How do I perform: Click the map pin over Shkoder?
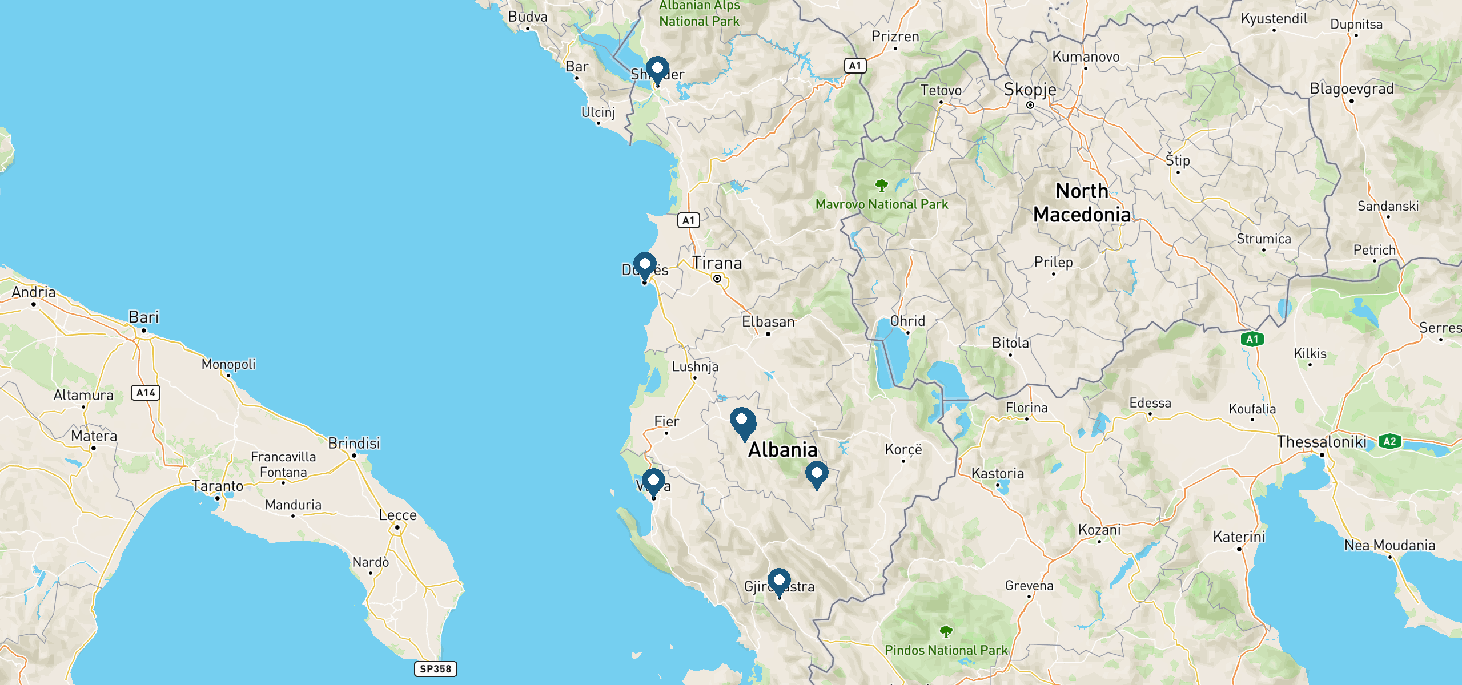click(x=657, y=69)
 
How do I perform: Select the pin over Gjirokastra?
click(x=779, y=582)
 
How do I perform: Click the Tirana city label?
click(x=717, y=263)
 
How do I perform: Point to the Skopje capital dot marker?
click(x=1030, y=105)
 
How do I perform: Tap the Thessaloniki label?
click(x=1322, y=442)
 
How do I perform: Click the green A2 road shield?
click(x=1389, y=441)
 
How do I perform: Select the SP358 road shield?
click(x=435, y=668)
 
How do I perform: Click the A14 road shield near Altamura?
click(x=146, y=393)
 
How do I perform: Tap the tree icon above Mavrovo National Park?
click(x=882, y=185)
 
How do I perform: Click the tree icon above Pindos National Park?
click(x=946, y=631)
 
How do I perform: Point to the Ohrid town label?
click(x=907, y=321)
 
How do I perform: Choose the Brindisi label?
click(x=354, y=443)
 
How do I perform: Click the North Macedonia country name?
click(x=1082, y=203)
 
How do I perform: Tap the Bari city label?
click(x=144, y=317)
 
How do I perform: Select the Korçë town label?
click(x=903, y=449)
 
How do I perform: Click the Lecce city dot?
click(x=397, y=527)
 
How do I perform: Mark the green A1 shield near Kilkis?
click(x=1252, y=339)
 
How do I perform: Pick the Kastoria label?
click(x=998, y=473)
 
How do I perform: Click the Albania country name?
click(x=782, y=450)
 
